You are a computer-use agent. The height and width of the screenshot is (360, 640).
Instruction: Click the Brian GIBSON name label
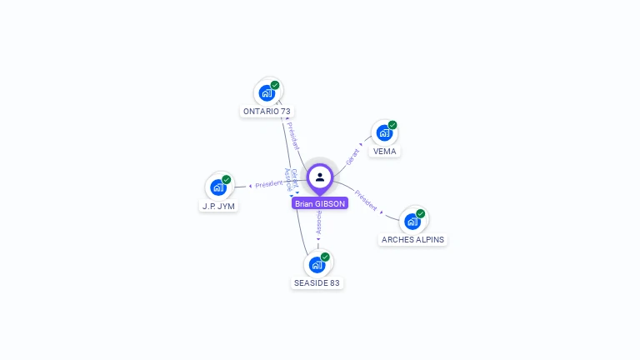pyautogui.click(x=319, y=203)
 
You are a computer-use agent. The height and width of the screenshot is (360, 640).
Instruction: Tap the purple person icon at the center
pyautogui.click(x=320, y=177)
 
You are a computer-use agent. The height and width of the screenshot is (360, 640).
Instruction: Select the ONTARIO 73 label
pyautogui.click(x=267, y=112)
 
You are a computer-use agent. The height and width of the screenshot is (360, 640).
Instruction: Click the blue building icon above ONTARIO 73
pyautogui.click(x=267, y=92)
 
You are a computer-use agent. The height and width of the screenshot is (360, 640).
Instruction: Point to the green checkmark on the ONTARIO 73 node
pyautogui.click(x=275, y=85)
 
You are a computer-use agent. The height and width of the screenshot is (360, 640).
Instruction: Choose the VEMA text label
pyautogui.click(x=384, y=152)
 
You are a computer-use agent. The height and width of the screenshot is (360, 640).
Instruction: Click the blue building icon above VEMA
pyautogui.click(x=384, y=132)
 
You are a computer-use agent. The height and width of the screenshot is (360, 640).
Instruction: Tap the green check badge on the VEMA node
pyautogui.click(x=392, y=125)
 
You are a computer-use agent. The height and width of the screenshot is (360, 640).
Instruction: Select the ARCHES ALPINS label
pyautogui.click(x=412, y=240)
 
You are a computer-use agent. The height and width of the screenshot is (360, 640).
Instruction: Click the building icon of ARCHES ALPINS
pyautogui.click(x=412, y=221)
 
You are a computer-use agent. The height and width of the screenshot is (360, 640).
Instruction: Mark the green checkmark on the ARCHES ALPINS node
pyautogui.click(x=421, y=213)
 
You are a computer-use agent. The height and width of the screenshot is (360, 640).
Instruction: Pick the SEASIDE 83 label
pyautogui.click(x=317, y=283)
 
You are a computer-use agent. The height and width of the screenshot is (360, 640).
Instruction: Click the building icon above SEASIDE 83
pyautogui.click(x=317, y=264)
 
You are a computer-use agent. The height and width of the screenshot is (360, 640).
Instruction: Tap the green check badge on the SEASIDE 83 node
pyautogui.click(x=325, y=257)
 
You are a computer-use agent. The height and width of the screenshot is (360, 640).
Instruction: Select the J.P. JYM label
pyautogui.click(x=218, y=206)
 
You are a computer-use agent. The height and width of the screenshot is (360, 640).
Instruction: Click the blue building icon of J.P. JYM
pyautogui.click(x=218, y=187)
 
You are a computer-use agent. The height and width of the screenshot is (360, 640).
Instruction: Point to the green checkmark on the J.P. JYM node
pyautogui.click(x=227, y=179)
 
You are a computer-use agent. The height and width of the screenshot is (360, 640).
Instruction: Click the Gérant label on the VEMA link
pyautogui.click(x=353, y=156)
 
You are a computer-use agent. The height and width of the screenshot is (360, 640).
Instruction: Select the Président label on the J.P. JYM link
pyautogui.click(x=268, y=184)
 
